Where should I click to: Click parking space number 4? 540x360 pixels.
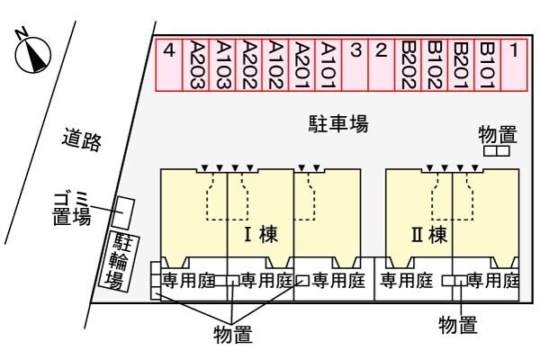[x=169, y=65]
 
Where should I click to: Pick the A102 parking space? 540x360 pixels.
[x=277, y=65]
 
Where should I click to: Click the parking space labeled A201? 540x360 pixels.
[x=303, y=65]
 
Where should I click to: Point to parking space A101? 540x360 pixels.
[x=329, y=65]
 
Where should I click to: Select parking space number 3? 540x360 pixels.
[x=355, y=65]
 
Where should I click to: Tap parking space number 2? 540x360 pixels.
[x=382, y=65]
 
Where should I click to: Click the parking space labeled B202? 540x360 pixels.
[x=409, y=65]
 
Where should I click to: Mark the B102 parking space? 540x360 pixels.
[x=435, y=65]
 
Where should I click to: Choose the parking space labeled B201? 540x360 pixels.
[x=461, y=65]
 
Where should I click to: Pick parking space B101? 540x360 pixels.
[x=487, y=65]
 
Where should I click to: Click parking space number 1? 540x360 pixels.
[x=513, y=65]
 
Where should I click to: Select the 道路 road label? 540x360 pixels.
[x=82, y=139]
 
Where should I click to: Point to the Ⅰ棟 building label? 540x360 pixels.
[x=260, y=236]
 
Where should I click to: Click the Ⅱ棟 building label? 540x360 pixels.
[x=428, y=236]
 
